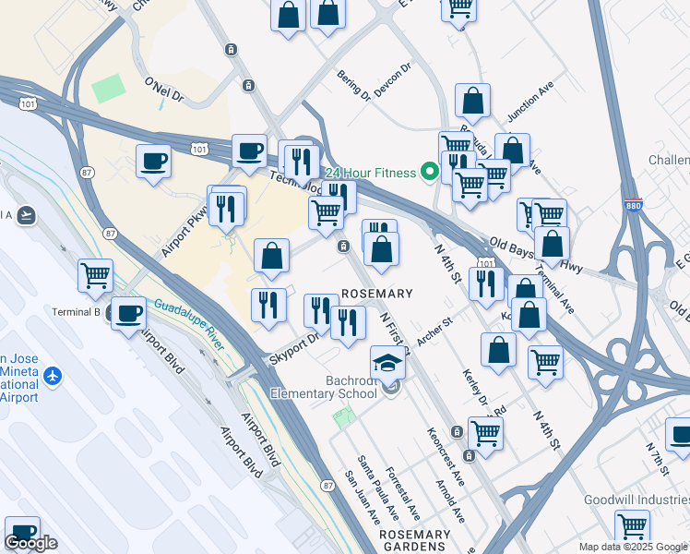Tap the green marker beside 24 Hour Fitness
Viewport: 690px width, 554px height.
429,171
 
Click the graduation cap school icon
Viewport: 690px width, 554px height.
388,362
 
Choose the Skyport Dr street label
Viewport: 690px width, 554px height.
293,349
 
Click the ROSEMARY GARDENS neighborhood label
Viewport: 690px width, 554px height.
414,540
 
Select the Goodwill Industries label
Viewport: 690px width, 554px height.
636,500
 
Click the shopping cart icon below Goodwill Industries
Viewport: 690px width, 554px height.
633,526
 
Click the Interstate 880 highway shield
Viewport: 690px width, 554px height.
632,208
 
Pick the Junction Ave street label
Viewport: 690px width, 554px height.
530,102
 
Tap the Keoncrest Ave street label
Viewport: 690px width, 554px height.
444,457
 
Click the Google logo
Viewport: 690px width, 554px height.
31,543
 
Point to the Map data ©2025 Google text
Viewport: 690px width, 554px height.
632,547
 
